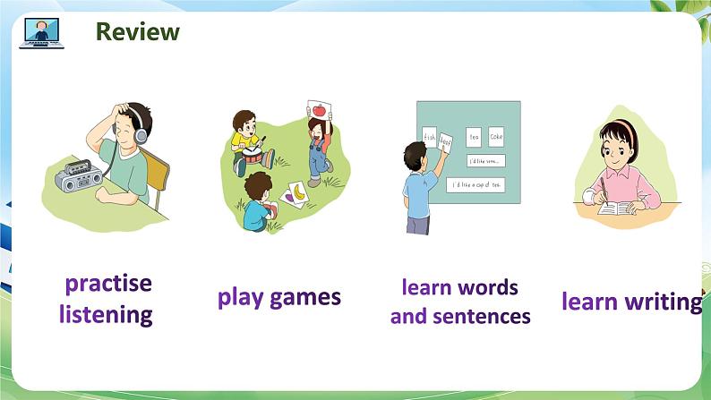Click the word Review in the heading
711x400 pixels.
[137, 32]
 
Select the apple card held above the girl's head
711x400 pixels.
[316, 111]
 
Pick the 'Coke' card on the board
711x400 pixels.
[496, 137]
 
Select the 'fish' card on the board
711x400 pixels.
[429, 138]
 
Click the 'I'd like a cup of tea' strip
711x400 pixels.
[476, 184]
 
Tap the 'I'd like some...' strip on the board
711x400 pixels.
[485, 161]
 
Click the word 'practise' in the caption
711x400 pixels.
[108, 284]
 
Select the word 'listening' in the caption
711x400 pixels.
[106, 314]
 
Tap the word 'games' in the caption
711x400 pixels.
[308, 297]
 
